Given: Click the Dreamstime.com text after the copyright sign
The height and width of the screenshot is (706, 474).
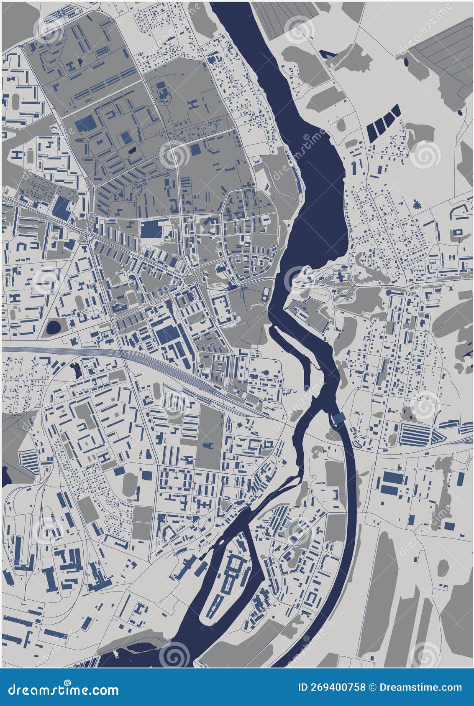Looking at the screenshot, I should pos(420,687).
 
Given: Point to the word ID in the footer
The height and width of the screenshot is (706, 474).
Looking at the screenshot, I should pos(302,687).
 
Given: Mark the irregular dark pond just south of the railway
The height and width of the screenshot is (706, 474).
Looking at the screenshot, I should pos(76,369).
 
